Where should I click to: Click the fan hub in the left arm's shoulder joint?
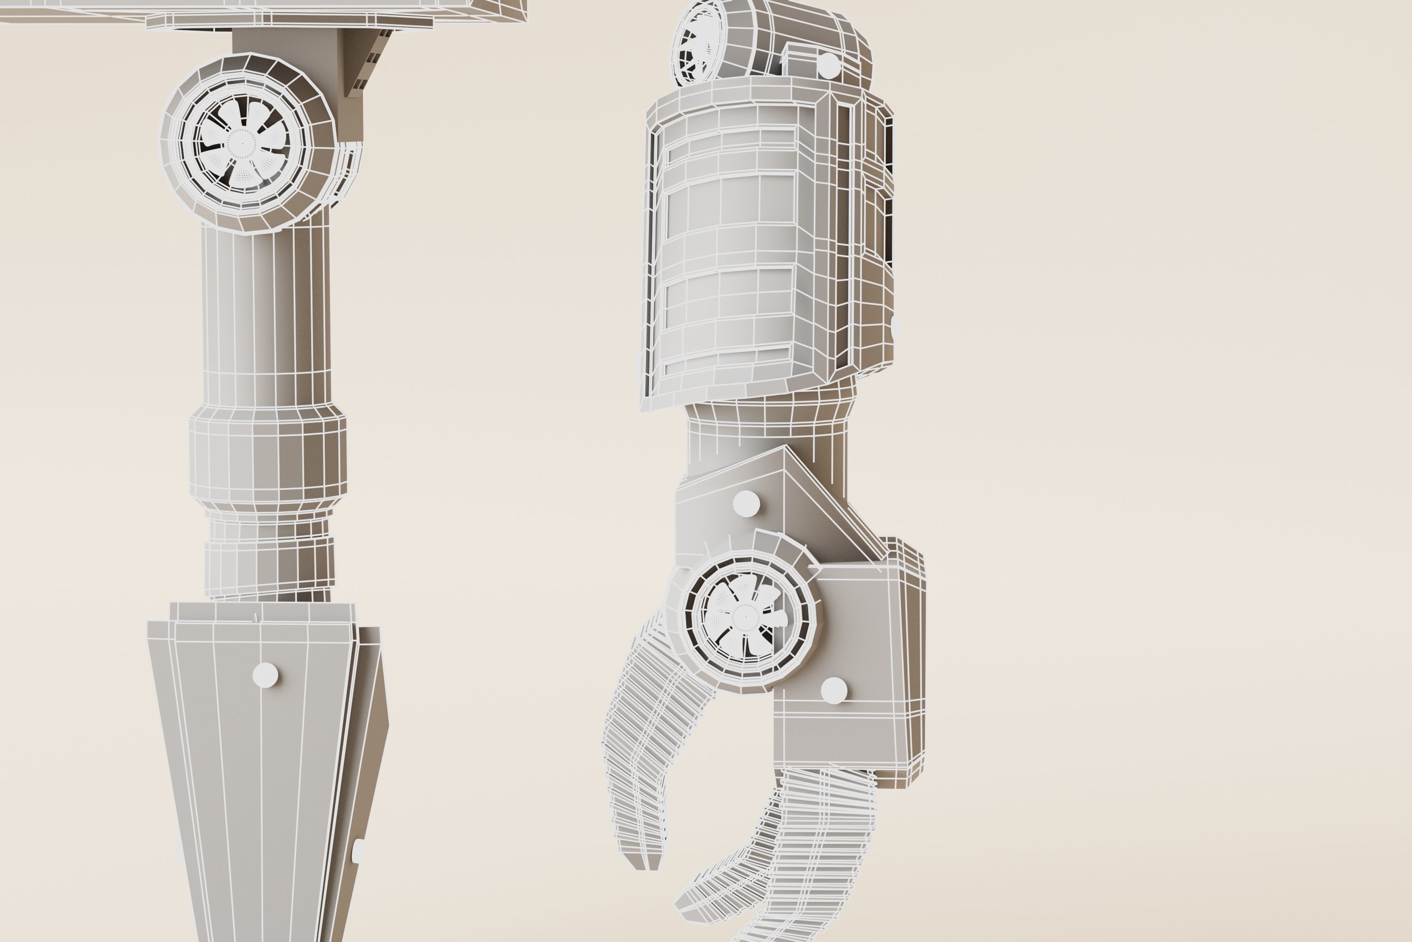click(x=242, y=143)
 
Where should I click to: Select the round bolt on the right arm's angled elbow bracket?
click(x=746, y=503)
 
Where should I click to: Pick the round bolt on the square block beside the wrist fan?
click(x=833, y=690)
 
